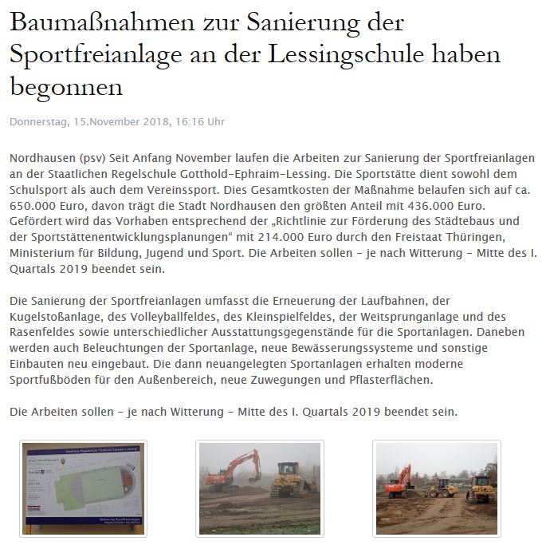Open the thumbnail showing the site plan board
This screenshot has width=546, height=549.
[x=83, y=488]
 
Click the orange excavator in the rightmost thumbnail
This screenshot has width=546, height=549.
[x=399, y=483]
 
